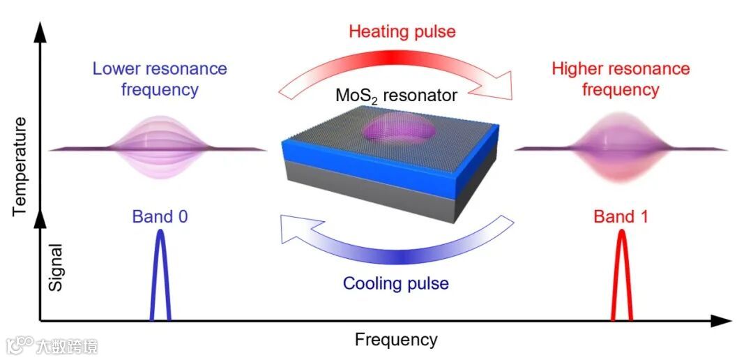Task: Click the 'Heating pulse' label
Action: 402,31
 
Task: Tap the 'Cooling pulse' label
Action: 395,283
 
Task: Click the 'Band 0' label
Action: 160,216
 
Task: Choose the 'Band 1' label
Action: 621,216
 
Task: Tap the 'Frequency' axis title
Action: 396,340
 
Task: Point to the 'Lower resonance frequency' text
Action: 160,80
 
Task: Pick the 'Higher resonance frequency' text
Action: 621,80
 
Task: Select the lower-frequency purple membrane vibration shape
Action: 160,147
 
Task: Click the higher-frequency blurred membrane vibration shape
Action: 621,149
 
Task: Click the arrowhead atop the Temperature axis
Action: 40,31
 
